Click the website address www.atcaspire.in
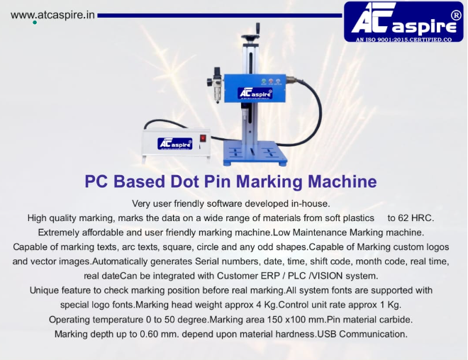coord(52,15)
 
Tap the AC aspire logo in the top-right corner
coord(403,21)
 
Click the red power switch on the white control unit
coord(203,138)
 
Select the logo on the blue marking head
coord(255,93)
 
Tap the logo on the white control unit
coord(175,143)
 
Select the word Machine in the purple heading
coord(342,181)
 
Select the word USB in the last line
coord(326,334)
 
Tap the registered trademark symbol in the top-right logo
coord(456,16)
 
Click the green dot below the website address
coord(35,23)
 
